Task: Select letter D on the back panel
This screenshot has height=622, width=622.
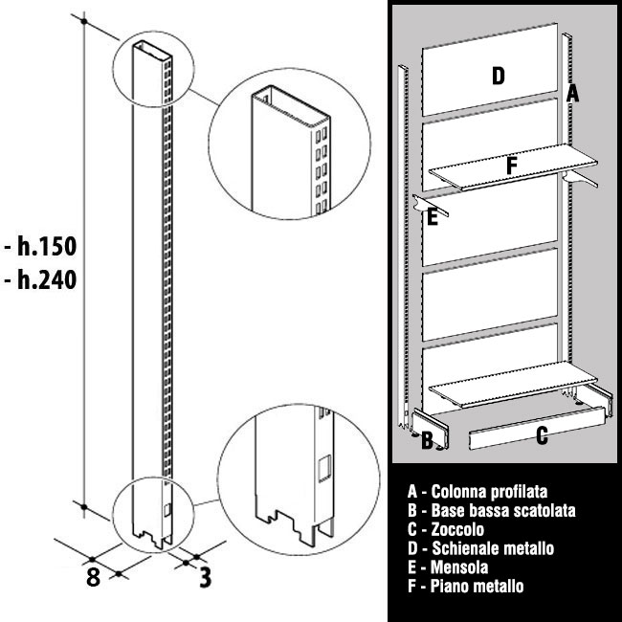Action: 498,76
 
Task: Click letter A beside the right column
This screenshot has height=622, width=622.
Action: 572,93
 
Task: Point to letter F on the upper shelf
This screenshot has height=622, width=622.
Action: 512,166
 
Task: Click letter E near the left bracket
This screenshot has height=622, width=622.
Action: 433,218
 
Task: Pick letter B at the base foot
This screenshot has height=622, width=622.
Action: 427,440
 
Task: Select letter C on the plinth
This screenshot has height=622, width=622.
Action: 542,437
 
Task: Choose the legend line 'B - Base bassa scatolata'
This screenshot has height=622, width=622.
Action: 491,511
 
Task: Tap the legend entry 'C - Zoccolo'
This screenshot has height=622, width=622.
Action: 446,529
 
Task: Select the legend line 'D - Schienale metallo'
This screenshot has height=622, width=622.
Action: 480,548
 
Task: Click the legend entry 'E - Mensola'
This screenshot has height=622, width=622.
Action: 448,567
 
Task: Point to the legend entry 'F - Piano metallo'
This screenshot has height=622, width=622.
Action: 465,587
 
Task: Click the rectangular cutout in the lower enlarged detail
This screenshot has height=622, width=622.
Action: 322,468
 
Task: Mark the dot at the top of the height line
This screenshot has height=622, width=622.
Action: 85,21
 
